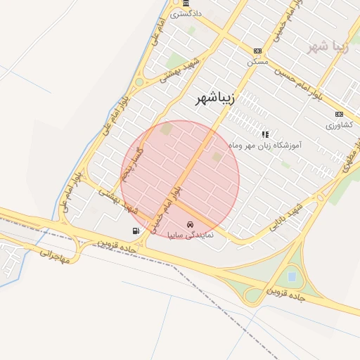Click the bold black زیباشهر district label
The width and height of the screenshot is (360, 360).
coord(217,100)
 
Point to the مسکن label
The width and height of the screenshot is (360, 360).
coord(257,61)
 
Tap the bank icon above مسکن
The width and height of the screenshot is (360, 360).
coord(258,51)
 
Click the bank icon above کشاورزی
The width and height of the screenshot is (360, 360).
coord(340,115)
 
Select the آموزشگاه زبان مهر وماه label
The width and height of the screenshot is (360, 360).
coord(266,146)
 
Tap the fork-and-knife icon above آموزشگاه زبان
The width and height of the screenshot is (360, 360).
coord(265,134)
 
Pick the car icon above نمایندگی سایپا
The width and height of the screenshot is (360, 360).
coord(190,224)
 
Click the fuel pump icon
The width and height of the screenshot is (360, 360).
coord(135,231)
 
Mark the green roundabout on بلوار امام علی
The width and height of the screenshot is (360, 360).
coord(139,82)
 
